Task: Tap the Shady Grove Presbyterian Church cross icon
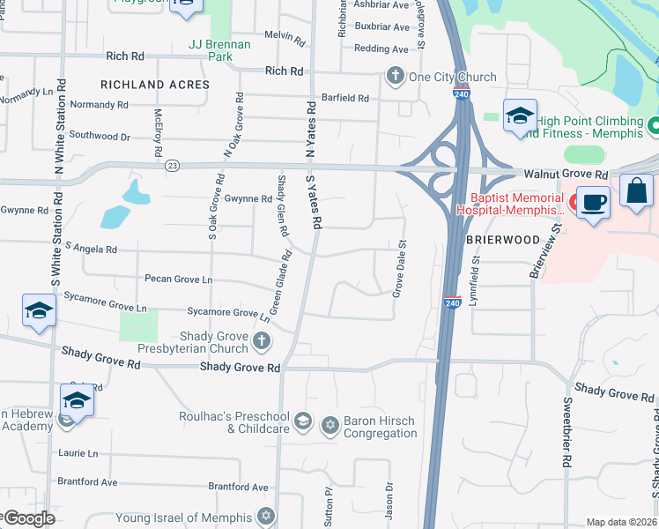(261, 340)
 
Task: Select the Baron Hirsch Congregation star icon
(330, 425)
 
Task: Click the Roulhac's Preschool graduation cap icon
(303, 421)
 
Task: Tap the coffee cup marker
(593, 204)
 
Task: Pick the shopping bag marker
(636, 191)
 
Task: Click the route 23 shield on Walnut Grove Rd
(173, 164)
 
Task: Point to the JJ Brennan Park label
(219, 49)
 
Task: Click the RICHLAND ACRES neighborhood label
(155, 85)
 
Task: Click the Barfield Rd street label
(344, 98)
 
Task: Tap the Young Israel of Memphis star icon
(266, 516)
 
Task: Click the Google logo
(28, 519)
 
